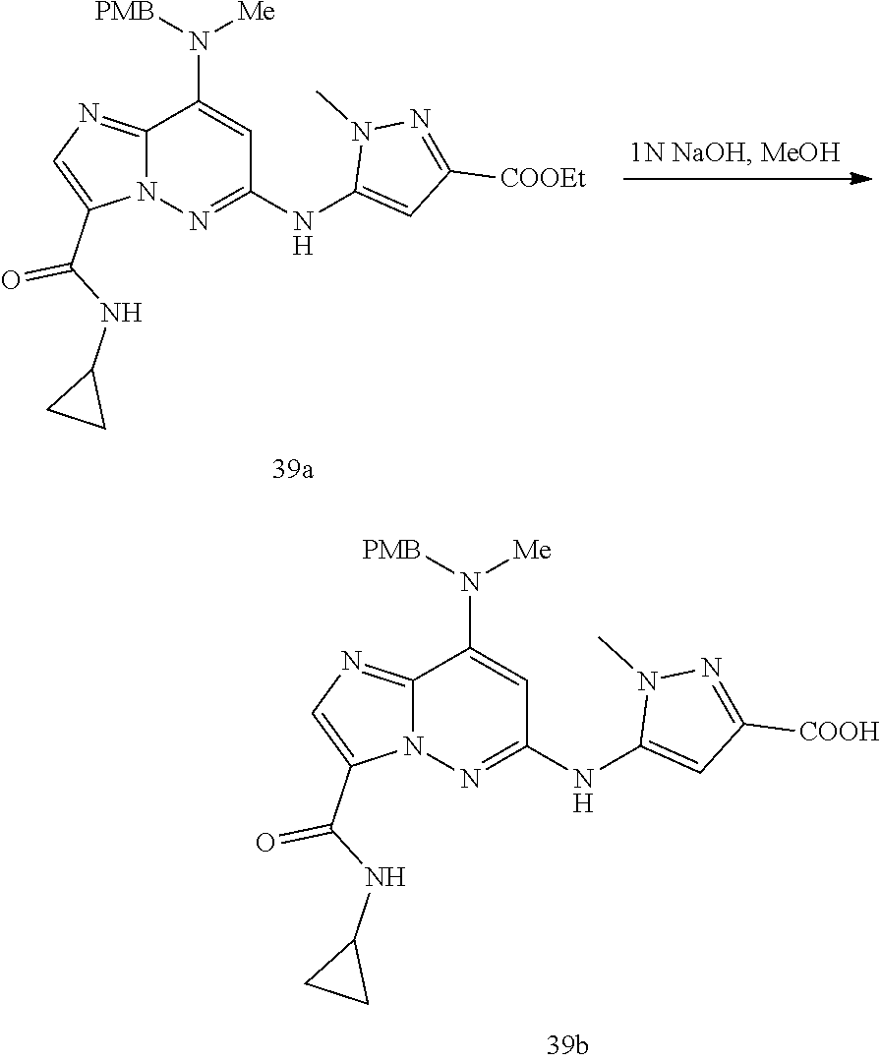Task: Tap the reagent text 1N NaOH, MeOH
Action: coord(734,153)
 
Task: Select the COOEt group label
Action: coord(544,179)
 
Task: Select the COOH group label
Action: coord(839,732)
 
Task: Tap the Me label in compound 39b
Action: coord(532,550)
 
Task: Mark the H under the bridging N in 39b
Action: coord(582,804)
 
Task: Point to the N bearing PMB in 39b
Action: coord(470,584)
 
